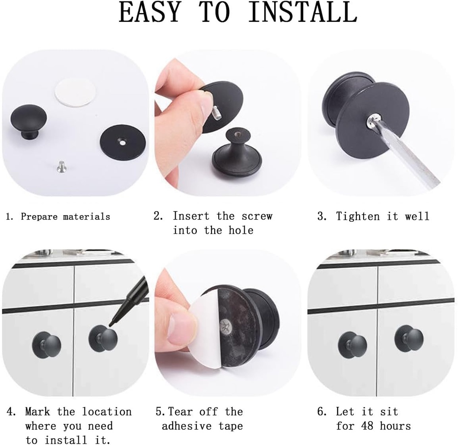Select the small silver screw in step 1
[62, 167]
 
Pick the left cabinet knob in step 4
[46, 345]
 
